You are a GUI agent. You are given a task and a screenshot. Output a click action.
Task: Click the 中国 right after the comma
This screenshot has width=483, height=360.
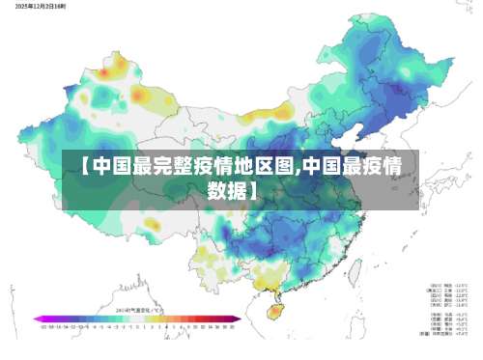pyautogui.click(x=325, y=165)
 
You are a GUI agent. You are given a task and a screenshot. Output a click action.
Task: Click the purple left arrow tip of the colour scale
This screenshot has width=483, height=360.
pyautogui.click(x=35, y=318)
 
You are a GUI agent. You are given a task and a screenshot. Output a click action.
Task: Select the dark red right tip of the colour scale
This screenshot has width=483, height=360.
pyautogui.click(x=238, y=318)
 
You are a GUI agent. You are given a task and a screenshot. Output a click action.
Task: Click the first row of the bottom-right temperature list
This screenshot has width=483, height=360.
pyautogui.click(x=448, y=287)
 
